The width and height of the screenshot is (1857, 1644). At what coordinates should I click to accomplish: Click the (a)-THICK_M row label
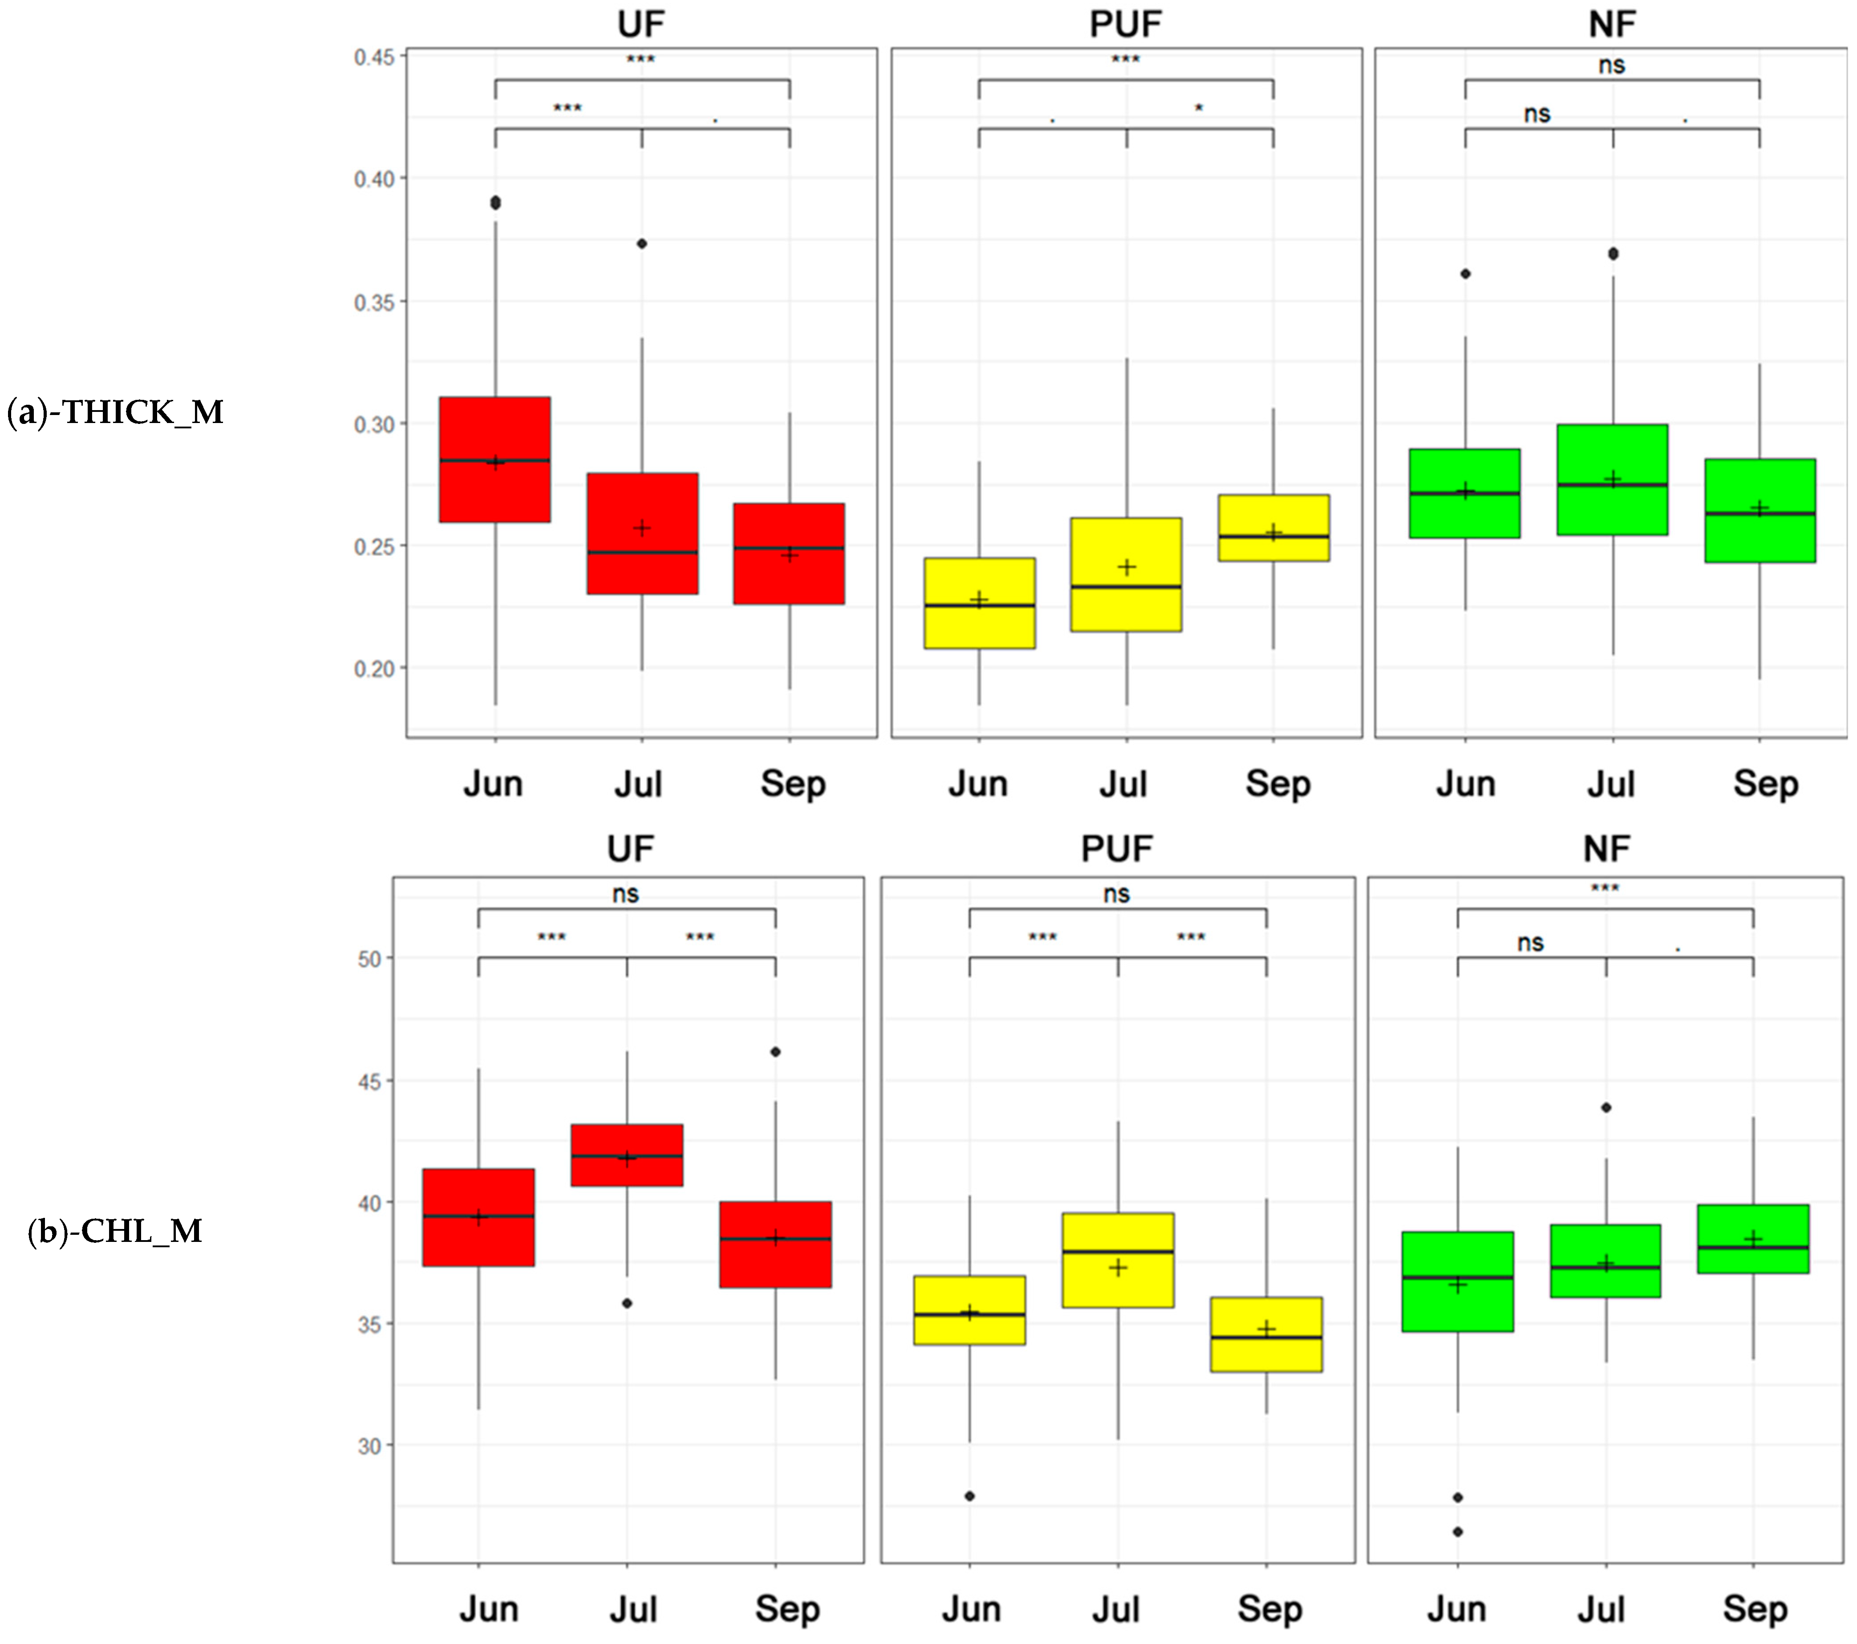pyautogui.click(x=115, y=413)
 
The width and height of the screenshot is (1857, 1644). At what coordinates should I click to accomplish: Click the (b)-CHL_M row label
pyautogui.click(x=115, y=1231)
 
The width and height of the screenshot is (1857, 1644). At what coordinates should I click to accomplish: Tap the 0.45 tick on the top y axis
pyautogui.click(x=374, y=57)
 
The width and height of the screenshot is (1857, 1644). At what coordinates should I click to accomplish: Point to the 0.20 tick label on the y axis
pyautogui.click(x=374, y=669)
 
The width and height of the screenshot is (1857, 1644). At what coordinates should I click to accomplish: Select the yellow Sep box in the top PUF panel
pyautogui.click(x=1274, y=528)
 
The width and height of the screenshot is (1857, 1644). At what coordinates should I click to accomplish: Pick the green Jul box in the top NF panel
pyautogui.click(x=1613, y=480)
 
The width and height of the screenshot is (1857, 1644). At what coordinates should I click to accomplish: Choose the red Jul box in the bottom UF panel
pyautogui.click(x=627, y=1155)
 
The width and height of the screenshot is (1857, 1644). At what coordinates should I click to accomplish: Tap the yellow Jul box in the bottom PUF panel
pyautogui.click(x=1119, y=1261)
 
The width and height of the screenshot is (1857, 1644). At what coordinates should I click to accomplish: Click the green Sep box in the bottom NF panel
pyautogui.click(x=1753, y=1239)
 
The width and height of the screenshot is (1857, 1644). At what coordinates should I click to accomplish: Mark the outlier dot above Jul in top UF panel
pyautogui.click(x=642, y=244)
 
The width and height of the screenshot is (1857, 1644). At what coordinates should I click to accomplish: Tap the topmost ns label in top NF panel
pyautogui.click(x=1612, y=65)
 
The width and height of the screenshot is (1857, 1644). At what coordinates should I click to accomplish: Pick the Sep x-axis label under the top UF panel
pyautogui.click(x=792, y=783)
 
